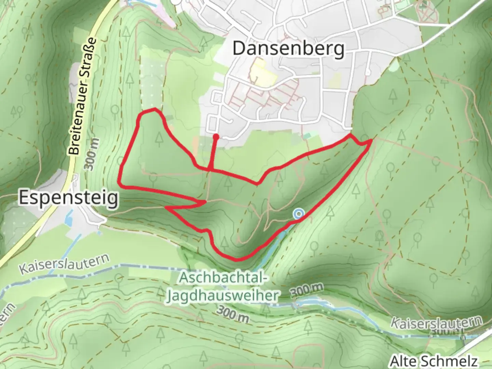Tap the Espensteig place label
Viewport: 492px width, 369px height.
[69, 198]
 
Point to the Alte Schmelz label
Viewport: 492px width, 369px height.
[434, 361]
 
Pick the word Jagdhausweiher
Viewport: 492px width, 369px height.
[222, 296]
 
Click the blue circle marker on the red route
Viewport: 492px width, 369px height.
[299, 214]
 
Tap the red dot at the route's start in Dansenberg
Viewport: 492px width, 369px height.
[216, 137]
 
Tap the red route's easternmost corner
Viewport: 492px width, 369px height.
[371, 140]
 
